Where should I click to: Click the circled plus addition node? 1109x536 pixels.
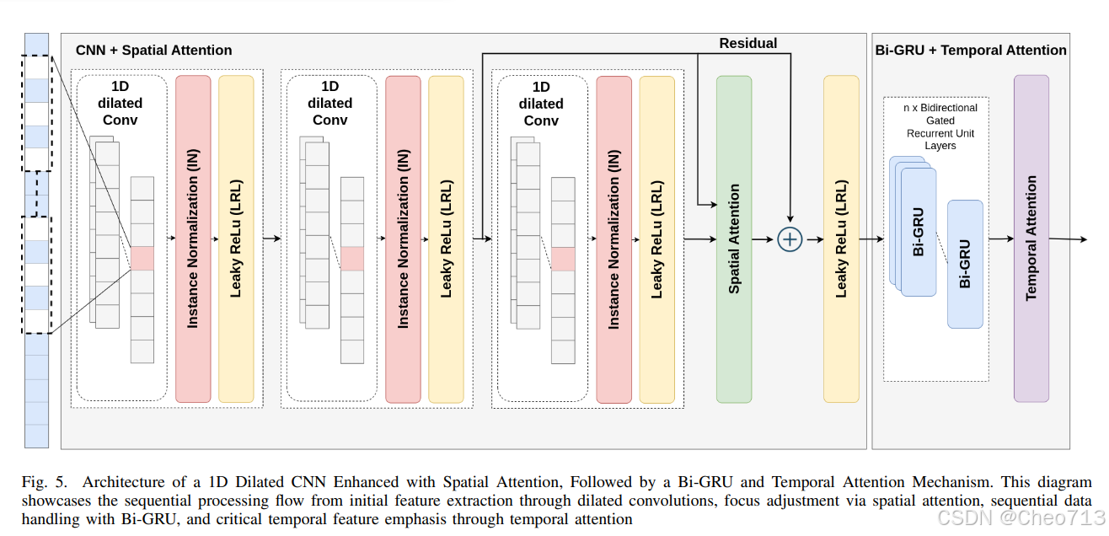(790, 239)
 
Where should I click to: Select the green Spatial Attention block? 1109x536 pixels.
(734, 239)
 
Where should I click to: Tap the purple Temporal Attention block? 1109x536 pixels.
(1031, 239)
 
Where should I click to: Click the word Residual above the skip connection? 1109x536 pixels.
(747, 43)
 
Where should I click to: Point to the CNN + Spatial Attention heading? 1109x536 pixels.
(153, 51)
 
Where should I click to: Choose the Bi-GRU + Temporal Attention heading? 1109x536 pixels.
(971, 51)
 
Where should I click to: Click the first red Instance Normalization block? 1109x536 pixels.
(193, 239)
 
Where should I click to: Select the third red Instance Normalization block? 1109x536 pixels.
(613, 239)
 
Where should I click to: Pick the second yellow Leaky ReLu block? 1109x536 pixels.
(446, 239)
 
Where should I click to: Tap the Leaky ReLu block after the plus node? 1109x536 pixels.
(841, 239)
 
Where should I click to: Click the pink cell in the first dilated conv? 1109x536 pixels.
(142, 259)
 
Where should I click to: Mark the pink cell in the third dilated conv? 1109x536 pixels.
(563, 259)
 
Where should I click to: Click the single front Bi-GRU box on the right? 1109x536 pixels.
(965, 264)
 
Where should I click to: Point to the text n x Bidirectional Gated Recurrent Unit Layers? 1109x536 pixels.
(940, 126)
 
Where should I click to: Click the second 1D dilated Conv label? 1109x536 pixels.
(329, 103)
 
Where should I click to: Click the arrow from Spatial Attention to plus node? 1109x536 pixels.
(763, 239)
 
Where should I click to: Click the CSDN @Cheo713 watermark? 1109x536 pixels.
(1021, 517)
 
